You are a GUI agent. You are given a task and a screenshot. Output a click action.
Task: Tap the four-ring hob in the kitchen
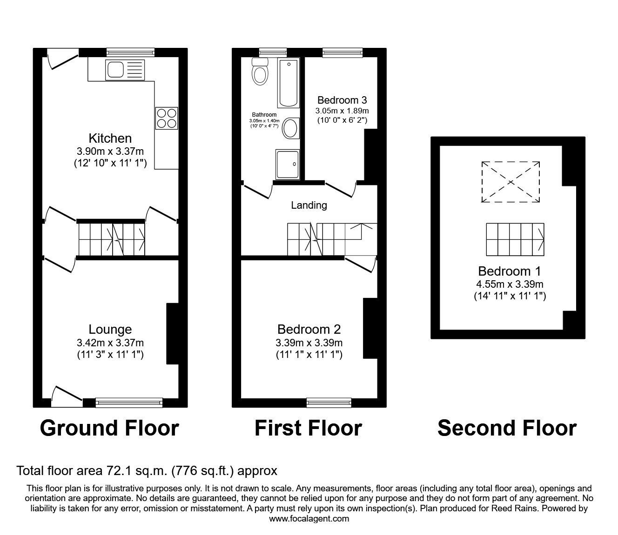pyautogui.click(x=167, y=118)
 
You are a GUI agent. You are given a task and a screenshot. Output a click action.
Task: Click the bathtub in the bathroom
pyautogui.click(x=289, y=83)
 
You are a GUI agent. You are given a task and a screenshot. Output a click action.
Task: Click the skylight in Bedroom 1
pyautogui.click(x=511, y=182)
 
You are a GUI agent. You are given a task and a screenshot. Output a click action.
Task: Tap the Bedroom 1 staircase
pyautogui.click(x=515, y=239)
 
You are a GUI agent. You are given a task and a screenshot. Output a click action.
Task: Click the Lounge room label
pyautogui.click(x=110, y=330)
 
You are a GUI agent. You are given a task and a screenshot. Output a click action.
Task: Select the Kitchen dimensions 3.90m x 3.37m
pyautogui.click(x=110, y=151)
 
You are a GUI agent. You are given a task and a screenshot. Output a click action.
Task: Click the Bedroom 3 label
pyautogui.click(x=342, y=100)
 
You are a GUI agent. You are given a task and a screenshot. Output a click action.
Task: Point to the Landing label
pyautogui.click(x=309, y=205)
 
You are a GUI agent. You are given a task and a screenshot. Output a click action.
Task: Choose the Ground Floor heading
pyautogui.click(x=109, y=428)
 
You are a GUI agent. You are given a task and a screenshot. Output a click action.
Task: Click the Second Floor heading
pyautogui.click(x=507, y=428)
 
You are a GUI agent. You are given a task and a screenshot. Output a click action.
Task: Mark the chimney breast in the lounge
pyautogui.click(x=172, y=333)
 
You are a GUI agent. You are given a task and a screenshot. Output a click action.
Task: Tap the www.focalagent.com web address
pyautogui.click(x=309, y=519)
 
